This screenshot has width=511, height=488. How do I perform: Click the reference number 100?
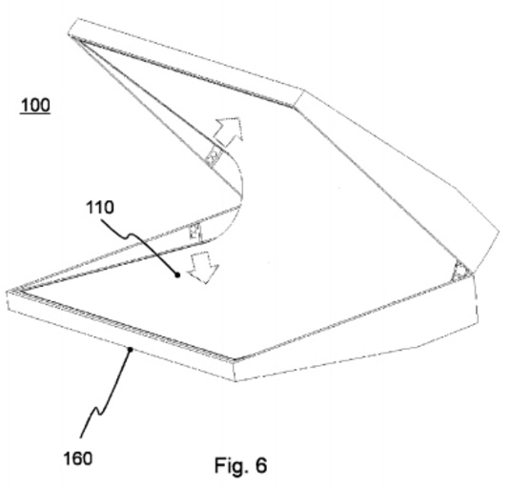(35, 105)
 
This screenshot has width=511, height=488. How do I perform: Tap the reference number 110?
(100, 207)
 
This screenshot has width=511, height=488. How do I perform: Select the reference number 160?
(78, 458)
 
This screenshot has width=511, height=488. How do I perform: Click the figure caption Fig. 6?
(240, 465)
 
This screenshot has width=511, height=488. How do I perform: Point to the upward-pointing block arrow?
(229, 131)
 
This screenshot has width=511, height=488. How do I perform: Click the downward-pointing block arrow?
(204, 267)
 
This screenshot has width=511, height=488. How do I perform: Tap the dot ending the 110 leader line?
(177, 275)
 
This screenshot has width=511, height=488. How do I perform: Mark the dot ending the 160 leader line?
(130, 350)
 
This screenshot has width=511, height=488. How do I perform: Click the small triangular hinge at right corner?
(460, 271)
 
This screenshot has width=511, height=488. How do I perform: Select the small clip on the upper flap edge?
(214, 156)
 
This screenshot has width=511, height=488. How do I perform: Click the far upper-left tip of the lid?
(70, 34)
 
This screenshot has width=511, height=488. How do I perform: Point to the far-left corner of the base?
(7, 292)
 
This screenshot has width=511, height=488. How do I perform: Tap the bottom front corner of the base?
(235, 381)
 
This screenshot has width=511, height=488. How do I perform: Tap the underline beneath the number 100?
(35, 113)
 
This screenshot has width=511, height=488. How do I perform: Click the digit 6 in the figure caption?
(261, 465)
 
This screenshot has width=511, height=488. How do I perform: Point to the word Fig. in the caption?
(231, 465)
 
